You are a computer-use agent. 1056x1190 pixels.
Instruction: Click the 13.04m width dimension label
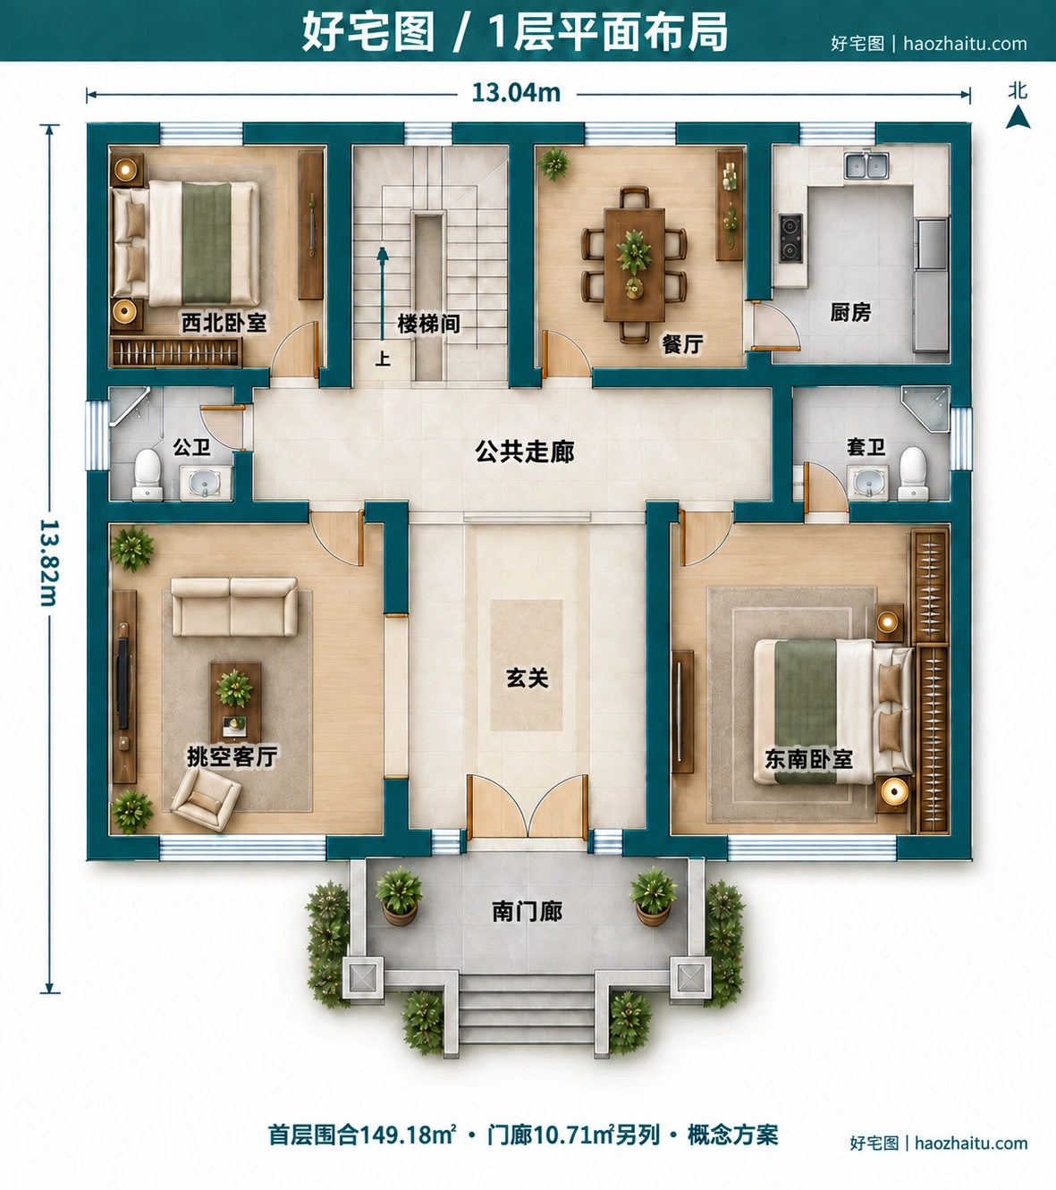(516, 93)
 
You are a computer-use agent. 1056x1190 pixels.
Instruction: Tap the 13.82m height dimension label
(49, 562)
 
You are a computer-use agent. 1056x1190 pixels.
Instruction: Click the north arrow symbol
(1018, 117)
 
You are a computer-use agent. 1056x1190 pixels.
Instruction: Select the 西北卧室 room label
(224, 323)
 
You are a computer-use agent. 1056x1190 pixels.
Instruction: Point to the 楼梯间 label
(428, 324)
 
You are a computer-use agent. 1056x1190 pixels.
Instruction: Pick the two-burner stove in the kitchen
(790, 238)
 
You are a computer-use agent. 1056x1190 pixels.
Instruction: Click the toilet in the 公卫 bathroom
(147, 475)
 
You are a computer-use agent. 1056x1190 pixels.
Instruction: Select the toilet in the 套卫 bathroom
(913, 473)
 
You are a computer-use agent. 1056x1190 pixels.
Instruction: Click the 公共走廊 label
(525, 452)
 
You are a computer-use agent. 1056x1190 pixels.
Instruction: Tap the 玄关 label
(527, 679)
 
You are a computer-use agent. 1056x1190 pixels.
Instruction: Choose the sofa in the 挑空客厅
(234, 607)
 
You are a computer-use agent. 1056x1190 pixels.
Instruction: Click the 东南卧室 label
(808, 759)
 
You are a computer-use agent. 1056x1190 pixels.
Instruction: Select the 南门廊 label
(527, 912)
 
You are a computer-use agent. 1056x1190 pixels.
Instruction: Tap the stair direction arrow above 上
(383, 293)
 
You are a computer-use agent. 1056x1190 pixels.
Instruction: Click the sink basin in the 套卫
(867, 483)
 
